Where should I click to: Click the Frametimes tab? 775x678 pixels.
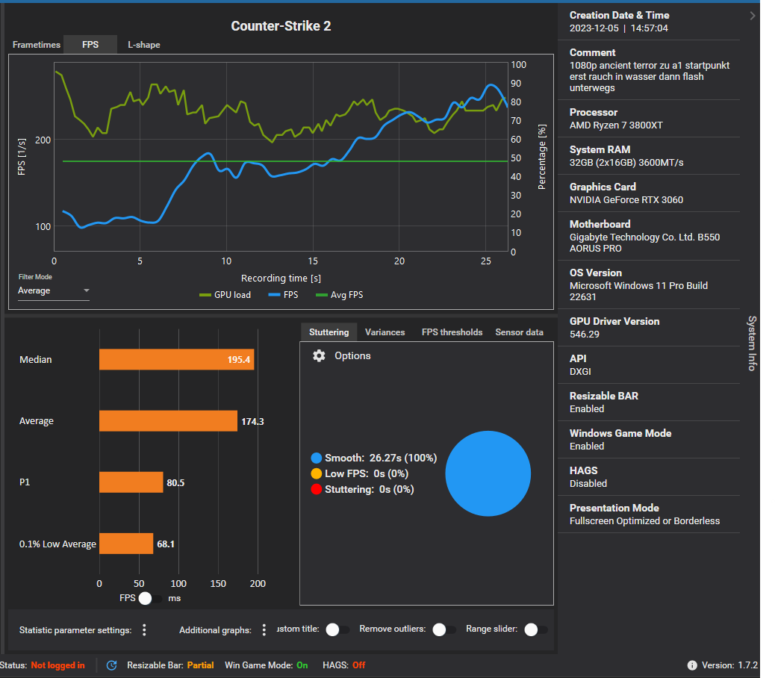tap(36, 45)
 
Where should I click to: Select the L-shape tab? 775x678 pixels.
tap(143, 45)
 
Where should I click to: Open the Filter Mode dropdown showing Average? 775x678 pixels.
tap(53, 290)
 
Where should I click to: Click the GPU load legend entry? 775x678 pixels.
tap(225, 295)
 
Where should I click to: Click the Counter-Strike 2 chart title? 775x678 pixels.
tap(281, 26)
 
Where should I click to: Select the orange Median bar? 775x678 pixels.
tap(176, 360)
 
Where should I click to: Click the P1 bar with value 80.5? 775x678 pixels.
tap(131, 482)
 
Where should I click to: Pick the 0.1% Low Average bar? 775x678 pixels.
tap(125, 544)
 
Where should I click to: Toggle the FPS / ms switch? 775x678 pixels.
tap(150, 598)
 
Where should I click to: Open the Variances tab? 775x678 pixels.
tap(385, 332)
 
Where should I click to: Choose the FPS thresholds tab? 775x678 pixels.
tap(452, 332)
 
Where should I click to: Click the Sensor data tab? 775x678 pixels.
tap(519, 332)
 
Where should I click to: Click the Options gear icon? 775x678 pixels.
tap(319, 355)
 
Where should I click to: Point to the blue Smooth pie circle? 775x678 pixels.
tap(488, 473)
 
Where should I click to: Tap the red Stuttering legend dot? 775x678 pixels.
tap(317, 490)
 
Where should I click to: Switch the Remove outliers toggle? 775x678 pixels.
tap(444, 629)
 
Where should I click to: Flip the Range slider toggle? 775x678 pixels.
tap(534, 629)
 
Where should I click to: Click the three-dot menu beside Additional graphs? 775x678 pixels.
tap(264, 630)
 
